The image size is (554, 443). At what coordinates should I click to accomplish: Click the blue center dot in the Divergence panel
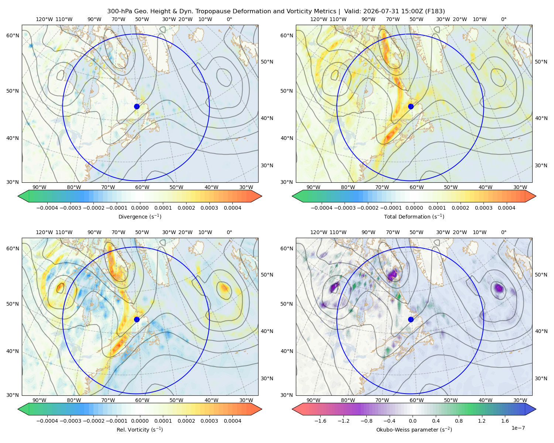click(x=137, y=106)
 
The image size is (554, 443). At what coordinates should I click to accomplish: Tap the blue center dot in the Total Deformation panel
click(x=411, y=106)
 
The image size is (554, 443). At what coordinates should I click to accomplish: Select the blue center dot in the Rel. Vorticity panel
click(x=137, y=319)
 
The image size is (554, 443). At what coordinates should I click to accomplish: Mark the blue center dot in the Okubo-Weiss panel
click(x=411, y=319)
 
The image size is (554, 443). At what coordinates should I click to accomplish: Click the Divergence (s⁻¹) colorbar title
click(x=140, y=216)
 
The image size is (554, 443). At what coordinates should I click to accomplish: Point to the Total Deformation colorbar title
click(x=414, y=216)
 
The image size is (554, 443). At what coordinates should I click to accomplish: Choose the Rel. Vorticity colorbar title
click(x=140, y=429)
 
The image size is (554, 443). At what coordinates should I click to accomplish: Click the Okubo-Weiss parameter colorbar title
click(x=414, y=429)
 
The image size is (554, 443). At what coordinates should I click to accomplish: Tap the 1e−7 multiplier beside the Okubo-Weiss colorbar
click(x=518, y=428)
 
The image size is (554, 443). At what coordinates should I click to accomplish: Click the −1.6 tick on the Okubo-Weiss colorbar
click(x=321, y=420)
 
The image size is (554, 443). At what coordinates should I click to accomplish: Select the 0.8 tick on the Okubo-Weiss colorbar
click(x=459, y=420)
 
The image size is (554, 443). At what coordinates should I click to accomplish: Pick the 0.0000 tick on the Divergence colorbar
click(x=140, y=208)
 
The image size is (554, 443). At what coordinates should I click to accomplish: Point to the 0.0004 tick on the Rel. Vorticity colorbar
click(x=232, y=420)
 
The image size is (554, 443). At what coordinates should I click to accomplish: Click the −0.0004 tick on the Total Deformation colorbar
click(x=322, y=208)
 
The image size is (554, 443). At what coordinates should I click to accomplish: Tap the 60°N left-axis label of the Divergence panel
click(x=13, y=35)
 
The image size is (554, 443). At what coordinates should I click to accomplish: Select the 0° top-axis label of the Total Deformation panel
click(x=503, y=19)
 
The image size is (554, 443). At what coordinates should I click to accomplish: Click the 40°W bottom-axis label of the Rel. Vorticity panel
click(x=211, y=400)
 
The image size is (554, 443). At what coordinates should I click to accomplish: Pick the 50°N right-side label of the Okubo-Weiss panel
click(x=541, y=274)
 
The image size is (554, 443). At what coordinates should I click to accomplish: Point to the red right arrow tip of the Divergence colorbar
click(x=261, y=196)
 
